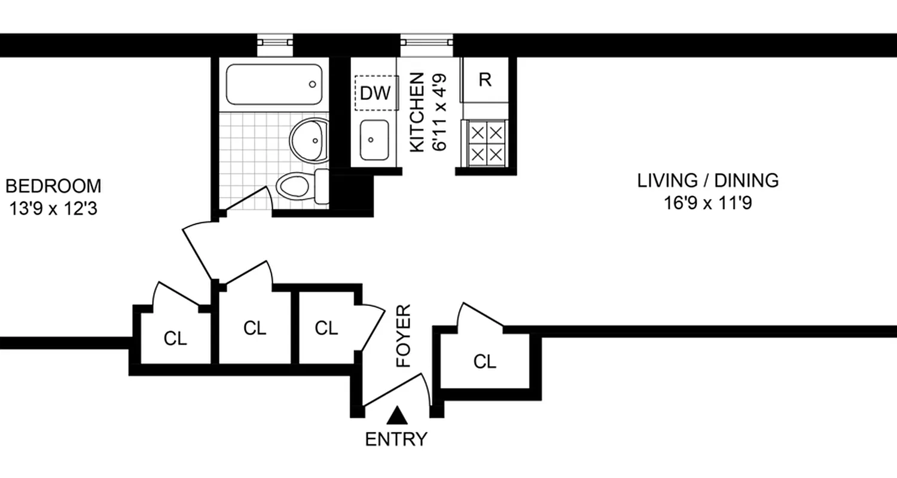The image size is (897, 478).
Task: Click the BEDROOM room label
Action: click(x=53, y=186)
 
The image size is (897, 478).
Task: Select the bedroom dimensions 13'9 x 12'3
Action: click(x=53, y=209)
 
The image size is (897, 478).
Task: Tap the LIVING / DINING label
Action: click(x=707, y=180)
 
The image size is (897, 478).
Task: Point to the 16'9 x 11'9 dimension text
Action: click(x=707, y=203)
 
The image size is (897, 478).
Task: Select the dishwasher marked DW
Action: click(x=376, y=93)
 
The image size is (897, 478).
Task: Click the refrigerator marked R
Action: click(x=485, y=80)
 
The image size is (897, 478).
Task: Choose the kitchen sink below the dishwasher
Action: click(x=374, y=140)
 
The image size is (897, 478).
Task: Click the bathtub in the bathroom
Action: click(x=274, y=84)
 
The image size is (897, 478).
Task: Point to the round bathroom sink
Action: click(x=310, y=140)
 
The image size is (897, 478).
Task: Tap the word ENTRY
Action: click(x=396, y=439)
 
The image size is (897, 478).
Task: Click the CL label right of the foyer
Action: click(x=484, y=361)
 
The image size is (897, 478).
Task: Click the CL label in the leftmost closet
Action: click(x=175, y=339)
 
